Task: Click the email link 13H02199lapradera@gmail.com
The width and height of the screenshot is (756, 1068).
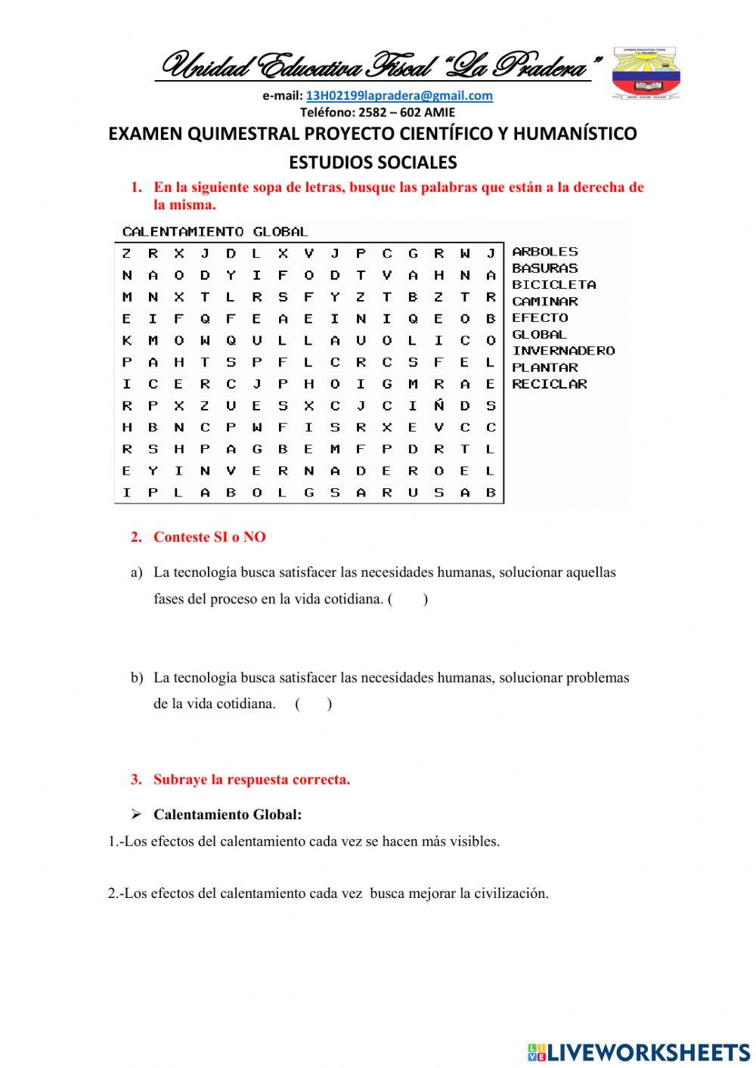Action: pos(398,96)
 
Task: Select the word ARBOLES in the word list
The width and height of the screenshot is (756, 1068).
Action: pos(544,252)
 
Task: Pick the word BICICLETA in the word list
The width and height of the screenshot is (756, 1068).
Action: pos(553,285)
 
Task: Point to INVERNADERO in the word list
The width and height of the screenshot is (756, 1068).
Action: pos(563,351)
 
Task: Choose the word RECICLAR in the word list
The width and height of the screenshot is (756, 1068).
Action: pos(549,384)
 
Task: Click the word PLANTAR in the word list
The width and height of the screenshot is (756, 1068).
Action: pos(544,367)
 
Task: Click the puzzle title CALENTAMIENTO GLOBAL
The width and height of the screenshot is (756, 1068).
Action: pos(215,231)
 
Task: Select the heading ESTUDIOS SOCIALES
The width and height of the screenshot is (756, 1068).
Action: pos(373,163)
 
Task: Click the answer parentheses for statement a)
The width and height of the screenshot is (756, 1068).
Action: pos(407,599)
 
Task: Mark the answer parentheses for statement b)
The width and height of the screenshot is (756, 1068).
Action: pos(313,704)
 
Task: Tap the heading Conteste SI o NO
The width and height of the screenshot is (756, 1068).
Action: pos(209,537)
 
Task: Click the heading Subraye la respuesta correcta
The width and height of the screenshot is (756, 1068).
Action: pos(251,779)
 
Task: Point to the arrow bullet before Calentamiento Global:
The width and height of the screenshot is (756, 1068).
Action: pos(136,815)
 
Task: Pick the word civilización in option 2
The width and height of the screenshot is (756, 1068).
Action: pos(511,893)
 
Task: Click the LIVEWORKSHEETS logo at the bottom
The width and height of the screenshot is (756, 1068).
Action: pos(639,1052)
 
